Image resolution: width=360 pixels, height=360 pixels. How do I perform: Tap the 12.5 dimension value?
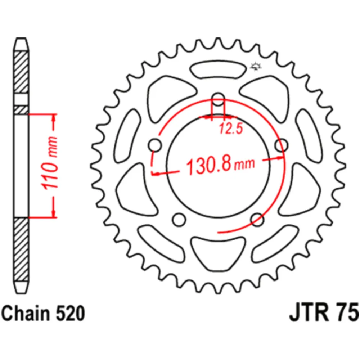(x=231, y=129)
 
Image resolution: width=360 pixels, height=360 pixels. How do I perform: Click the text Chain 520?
(x=43, y=313)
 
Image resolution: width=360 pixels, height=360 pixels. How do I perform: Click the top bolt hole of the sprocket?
(x=219, y=99)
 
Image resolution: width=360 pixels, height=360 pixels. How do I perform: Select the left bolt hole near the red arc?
(x=155, y=145)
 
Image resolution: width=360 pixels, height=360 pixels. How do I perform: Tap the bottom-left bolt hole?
(x=179, y=220)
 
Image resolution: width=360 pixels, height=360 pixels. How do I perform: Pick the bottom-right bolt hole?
(x=257, y=220)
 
